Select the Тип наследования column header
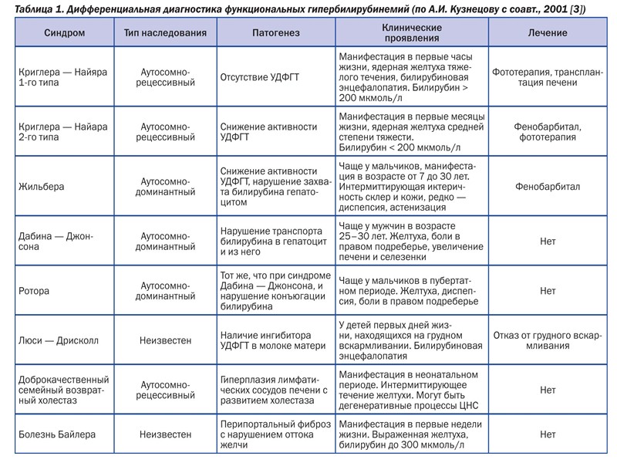pos(164,33)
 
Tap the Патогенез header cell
pos(275,33)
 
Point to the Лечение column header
pos(548,33)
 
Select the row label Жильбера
pos(40,186)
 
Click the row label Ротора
pos(35,291)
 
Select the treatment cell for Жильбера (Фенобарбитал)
pos(548,186)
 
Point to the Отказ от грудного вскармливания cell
pos(548,339)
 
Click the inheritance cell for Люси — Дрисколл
pos(166,339)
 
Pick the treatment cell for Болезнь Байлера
pos(548,434)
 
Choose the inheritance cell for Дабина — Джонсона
pos(166,240)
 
